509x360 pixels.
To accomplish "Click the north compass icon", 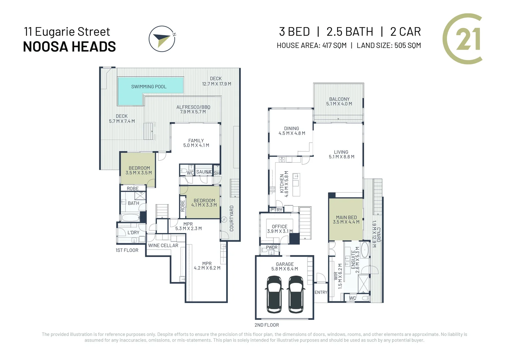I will (162, 39).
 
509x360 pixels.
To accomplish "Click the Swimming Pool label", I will (149, 87).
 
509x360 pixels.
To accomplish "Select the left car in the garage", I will (274, 294).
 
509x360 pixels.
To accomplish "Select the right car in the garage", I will (296, 294).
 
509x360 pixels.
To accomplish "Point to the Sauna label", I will (204, 172).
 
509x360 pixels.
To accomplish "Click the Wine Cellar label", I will (163, 246).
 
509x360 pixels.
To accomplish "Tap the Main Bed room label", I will (346, 220).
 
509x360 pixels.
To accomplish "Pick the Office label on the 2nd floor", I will (279, 229).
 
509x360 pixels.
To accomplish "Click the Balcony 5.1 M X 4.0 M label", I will (339, 101).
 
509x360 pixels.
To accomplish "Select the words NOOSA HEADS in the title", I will (69, 47).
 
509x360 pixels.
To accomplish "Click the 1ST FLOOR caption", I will (127, 250).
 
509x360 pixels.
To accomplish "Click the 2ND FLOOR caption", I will (266, 325).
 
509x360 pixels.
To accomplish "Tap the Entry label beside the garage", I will (321, 292).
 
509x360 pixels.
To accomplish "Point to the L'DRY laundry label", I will (133, 233).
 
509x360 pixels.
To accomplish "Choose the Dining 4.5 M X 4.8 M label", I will (291, 131).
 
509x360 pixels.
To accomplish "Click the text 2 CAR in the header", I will (405, 32).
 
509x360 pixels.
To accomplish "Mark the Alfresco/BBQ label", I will (193, 109).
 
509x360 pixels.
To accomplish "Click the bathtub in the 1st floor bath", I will (130, 218).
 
